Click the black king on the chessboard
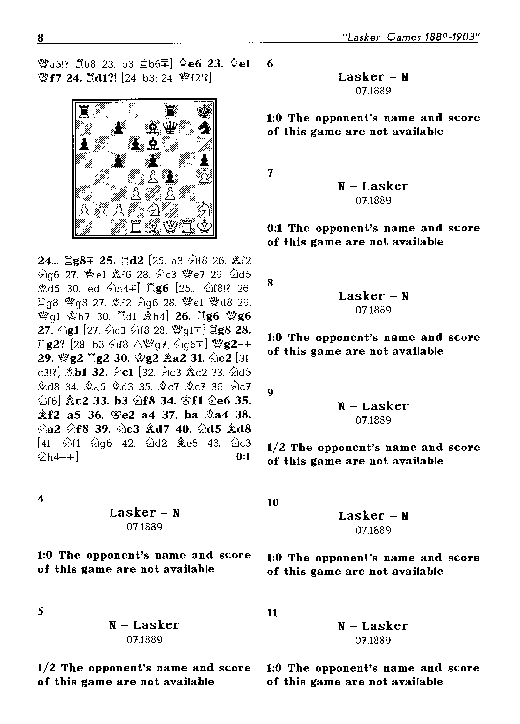coord(204,111)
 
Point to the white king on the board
coord(204,227)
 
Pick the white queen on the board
coord(170,227)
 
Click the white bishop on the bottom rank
coord(153,227)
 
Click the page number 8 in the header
coord(41,38)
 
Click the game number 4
coord(41,499)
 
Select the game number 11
coord(272,613)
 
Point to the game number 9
coord(270,392)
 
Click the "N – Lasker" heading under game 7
coord(373,186)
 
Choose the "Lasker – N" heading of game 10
coord(373,516)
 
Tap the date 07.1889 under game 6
coord(373,91)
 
